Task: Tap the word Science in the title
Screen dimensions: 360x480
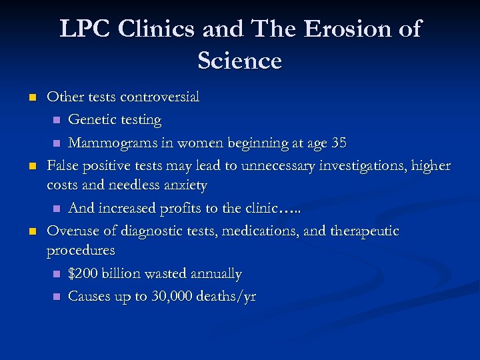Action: tap(240, 61)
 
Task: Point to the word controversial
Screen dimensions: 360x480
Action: tap(159, 97)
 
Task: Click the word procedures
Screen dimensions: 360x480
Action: tap(81, 251)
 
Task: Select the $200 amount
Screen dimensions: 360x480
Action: tap(83, 273)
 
